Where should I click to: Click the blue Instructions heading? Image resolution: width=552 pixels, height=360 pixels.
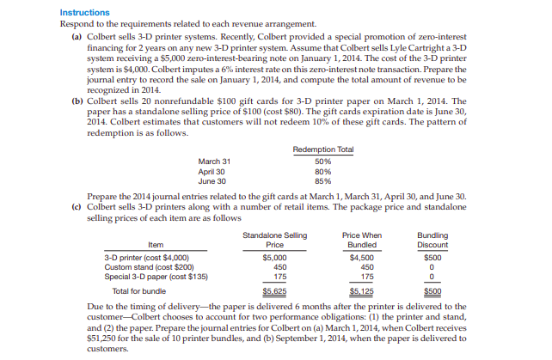85,13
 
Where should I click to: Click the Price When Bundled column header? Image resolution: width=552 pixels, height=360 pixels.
363,239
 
